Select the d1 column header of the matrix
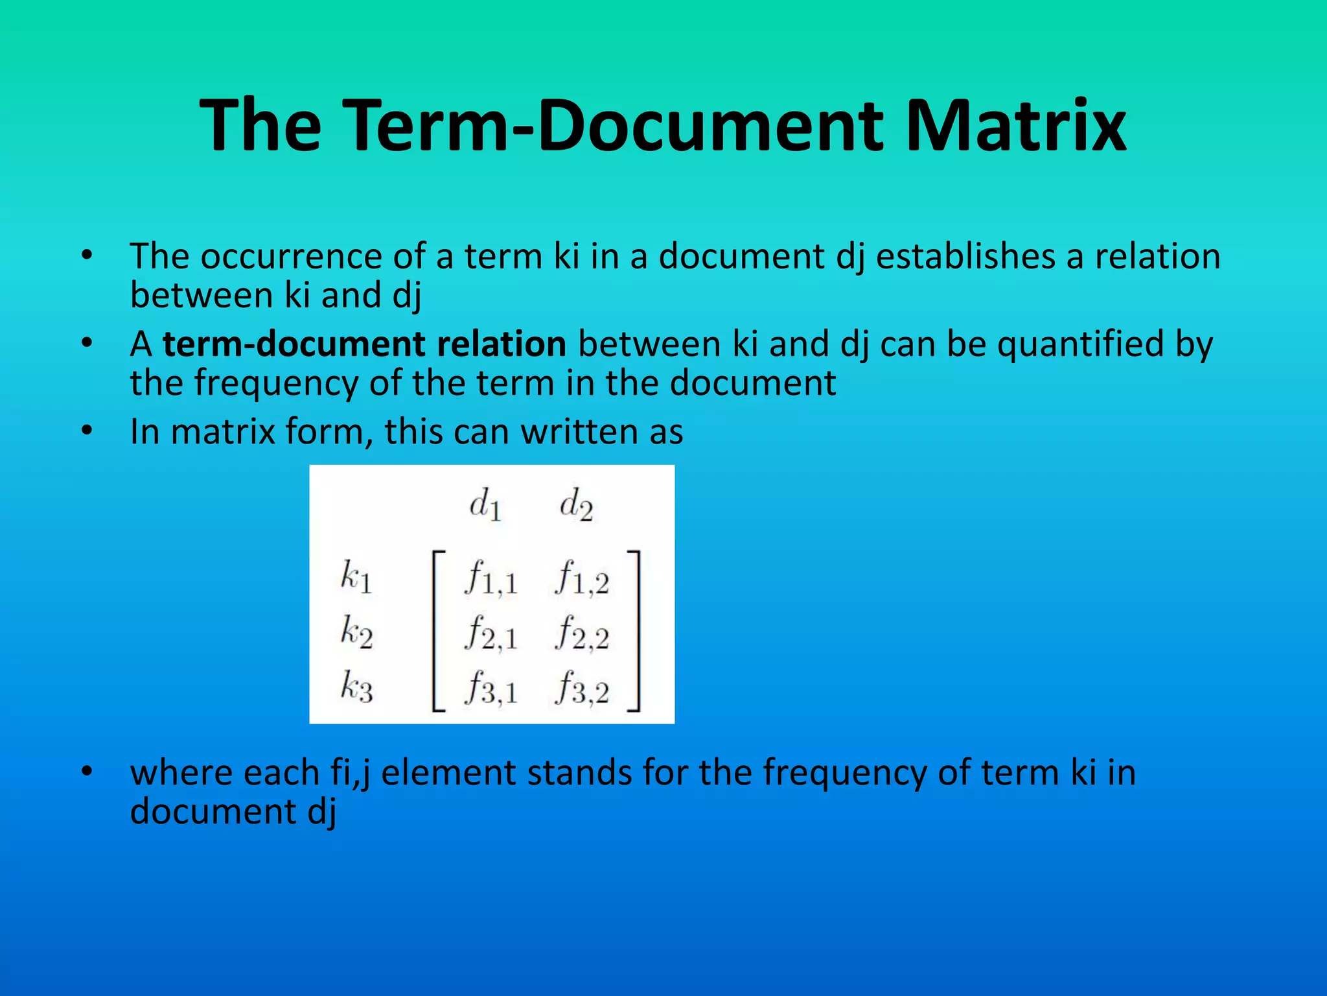(485, 504)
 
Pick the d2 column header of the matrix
(576, 504)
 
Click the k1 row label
(356, 576)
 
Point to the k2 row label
(356, 632)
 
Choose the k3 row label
(356, 687)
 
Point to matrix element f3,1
(491, 689)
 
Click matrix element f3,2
(582, 689)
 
